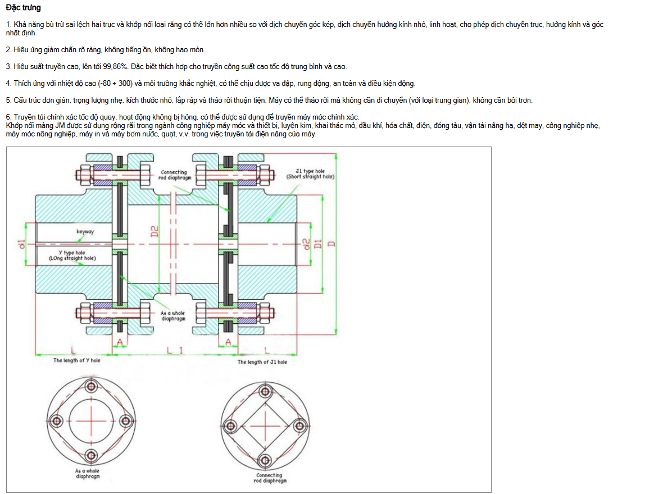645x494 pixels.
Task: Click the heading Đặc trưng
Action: pos(23,8)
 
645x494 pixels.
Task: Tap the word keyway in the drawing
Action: pos(85,231)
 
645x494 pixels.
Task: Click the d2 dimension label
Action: pos(306,244)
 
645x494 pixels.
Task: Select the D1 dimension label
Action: pos(317,244)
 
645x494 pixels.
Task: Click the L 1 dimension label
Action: pos(175,350)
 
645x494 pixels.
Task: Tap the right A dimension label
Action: pos(228,341)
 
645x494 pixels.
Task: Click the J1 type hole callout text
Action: pos(310,173)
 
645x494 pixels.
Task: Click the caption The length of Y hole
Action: pos(77,360)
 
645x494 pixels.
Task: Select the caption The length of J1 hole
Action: pos(262,362)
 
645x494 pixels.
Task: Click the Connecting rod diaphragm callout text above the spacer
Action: pos(176,175)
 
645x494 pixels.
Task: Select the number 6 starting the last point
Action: pos(8,117)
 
